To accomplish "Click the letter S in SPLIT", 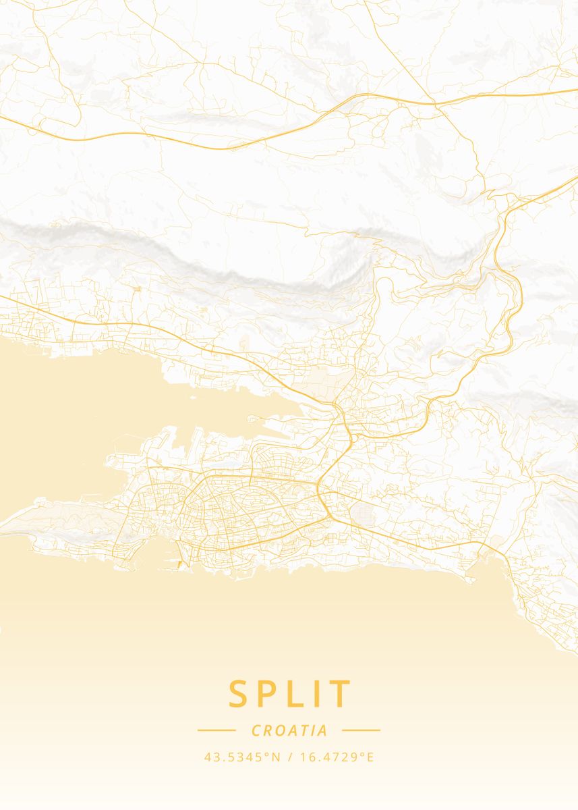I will point(239,694).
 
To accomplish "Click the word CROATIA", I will point(289,730).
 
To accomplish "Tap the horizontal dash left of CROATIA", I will point(216,730).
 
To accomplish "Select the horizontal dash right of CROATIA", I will point(362,730).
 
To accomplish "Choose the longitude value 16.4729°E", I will point(336,757).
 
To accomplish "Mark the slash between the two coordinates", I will point(289,757).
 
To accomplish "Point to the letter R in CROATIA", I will point(266,730).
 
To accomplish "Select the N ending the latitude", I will point(275,757).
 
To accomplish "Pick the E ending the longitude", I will point(370,757).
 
